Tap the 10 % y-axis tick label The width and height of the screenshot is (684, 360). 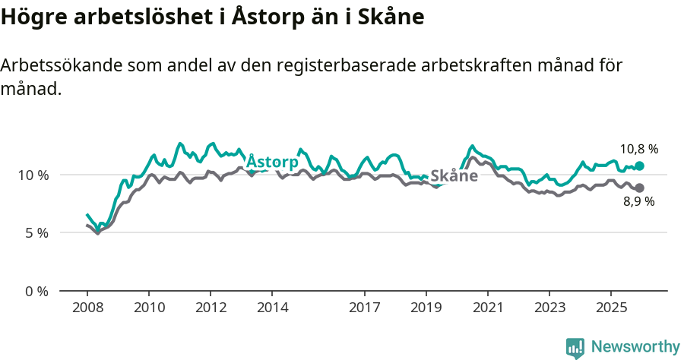coord(33,175)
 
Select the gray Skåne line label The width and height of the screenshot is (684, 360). coord(454,176)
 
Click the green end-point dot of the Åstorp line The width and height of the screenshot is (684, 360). coord(639,166)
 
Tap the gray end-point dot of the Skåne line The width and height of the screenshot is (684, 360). coord(639,188)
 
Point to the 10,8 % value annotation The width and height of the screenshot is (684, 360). coord(638,149)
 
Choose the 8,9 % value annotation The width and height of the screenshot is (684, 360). coord(638,202)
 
